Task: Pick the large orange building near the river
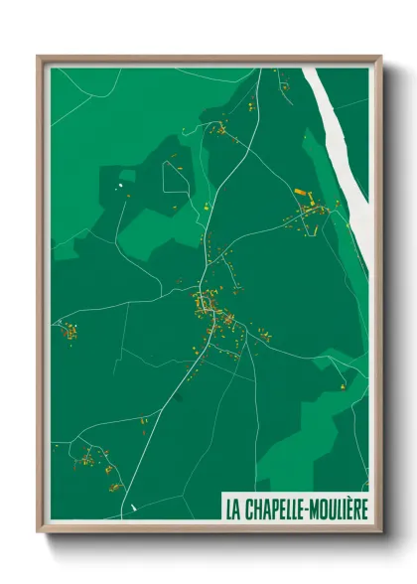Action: [x=301, y=191]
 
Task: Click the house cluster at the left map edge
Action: [x=68, y=331]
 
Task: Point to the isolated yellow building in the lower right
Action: [x=343, y=384]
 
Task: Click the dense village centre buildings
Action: [x=213, y=310]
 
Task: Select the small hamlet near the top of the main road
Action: [x=220, y=128]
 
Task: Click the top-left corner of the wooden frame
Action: [x=39, y=58]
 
